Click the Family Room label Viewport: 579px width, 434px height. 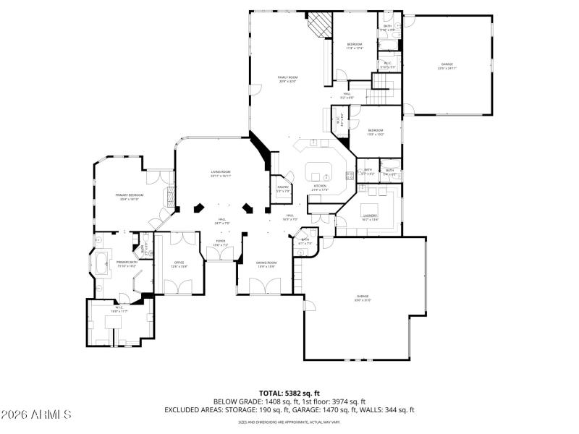pos(288,77)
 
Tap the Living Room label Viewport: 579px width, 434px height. pos(221,172)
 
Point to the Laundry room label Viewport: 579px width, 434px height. pos(370,216)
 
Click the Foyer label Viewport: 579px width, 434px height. pos(220,243)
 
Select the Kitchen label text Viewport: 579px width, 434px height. pos(319,186)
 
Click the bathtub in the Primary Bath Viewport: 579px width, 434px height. pos(101,264)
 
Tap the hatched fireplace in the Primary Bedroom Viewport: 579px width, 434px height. pos(171,196)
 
